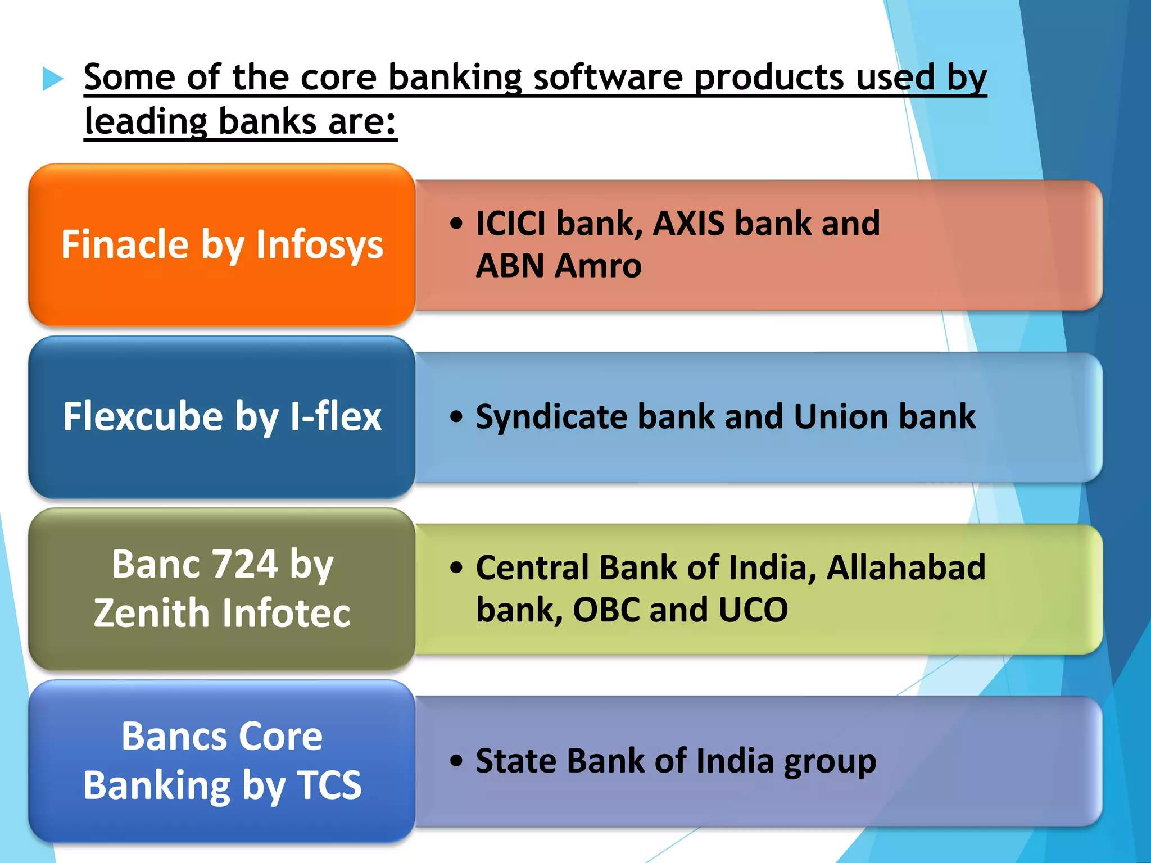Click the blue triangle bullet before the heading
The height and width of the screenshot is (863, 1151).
(x=53, y=79)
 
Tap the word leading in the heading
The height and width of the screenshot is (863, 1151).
(x=146, y=121)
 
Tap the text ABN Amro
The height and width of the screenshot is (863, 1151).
(x=558, y=266)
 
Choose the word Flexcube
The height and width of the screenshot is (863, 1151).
(x=143, y=417)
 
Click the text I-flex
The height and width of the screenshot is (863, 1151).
(x=336, y=417)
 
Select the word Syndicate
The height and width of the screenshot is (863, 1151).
(x=551, y=417)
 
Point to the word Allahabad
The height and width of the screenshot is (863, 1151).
(x=905, y=567)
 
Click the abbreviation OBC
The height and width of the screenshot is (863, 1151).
(x=606, y=610)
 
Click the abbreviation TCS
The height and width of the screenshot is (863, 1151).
(x=329, y=785)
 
